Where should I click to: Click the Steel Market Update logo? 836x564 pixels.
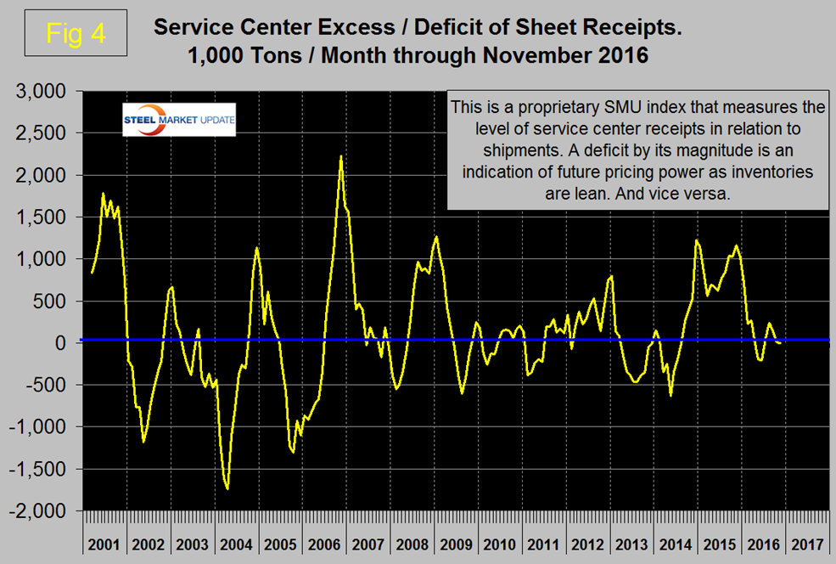pos(179,120)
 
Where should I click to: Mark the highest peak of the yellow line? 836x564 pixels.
pos(340,156)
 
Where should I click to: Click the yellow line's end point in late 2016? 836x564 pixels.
pos(780,342)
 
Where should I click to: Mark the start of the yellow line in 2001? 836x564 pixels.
pos(92,273)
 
